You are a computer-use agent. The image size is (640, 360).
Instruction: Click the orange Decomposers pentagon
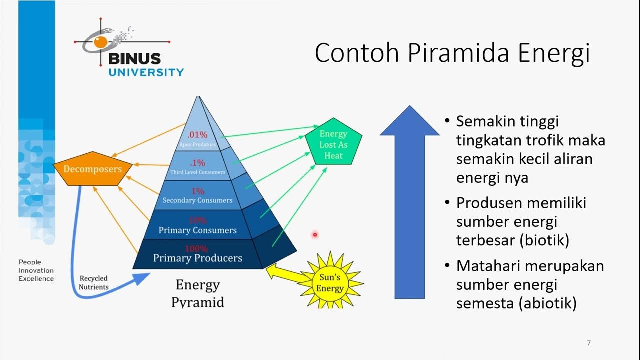[x=92, y=169]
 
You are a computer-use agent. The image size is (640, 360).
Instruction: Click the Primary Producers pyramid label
[x=197, y=258]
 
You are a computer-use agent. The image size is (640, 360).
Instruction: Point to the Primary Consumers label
[x=197, y=230]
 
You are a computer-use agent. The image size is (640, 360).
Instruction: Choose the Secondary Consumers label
[x=197, y=200]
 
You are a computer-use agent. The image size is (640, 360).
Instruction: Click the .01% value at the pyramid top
[x=197, y=135]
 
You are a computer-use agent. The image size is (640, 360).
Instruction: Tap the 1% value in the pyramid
[x=198, y=191]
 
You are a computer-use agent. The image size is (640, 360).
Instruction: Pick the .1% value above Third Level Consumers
[x=197, y=163]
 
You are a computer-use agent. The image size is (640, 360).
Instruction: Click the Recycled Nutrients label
[x=93, y=282]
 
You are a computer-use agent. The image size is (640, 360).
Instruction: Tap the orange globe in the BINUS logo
[x=100, y=42]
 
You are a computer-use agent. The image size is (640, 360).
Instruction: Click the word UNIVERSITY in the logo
[x=146, y=72]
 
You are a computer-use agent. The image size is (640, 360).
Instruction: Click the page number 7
[x=589, y=343]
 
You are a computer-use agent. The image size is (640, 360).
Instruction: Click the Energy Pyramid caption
[x=197, y=293]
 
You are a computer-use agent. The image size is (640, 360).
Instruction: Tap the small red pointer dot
[x=315, y=234]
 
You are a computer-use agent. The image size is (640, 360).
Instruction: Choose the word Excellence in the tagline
[x=36, y=279]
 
